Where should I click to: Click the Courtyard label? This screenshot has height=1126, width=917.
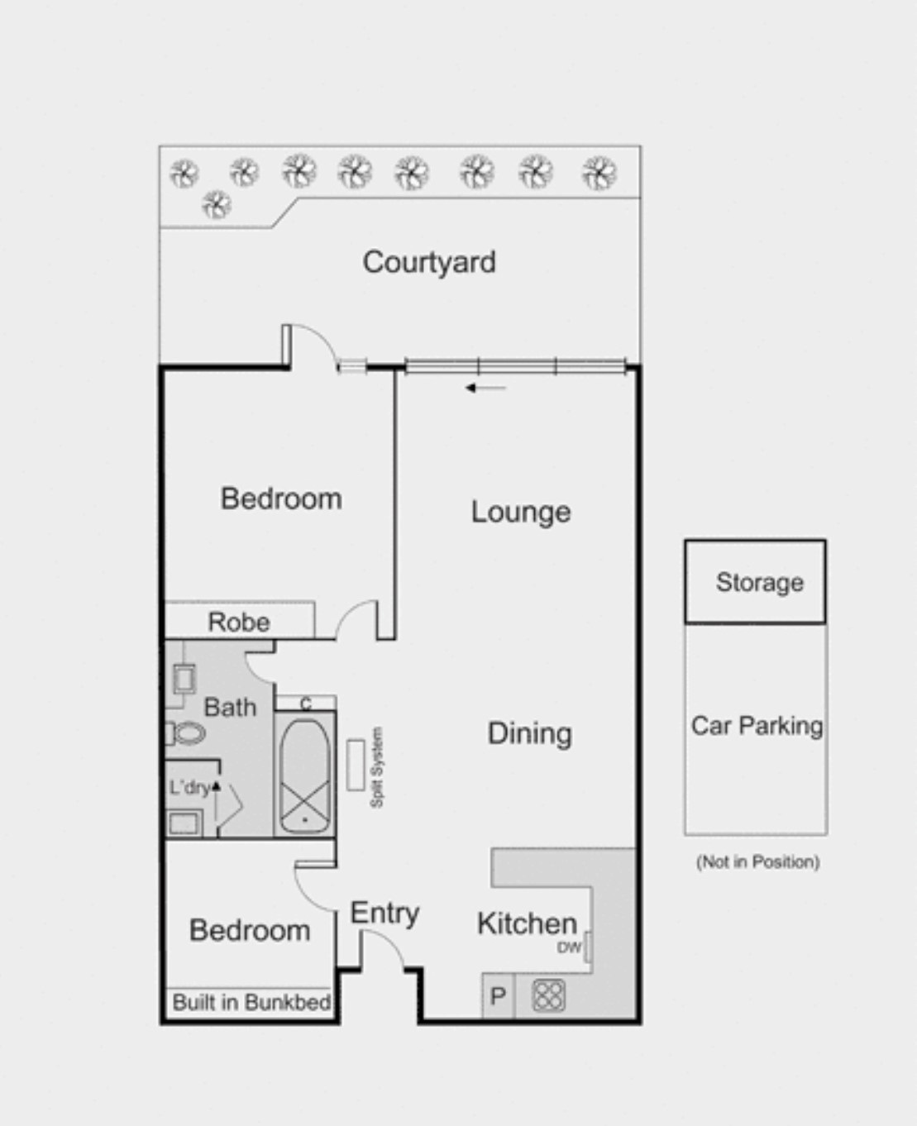[429, 262]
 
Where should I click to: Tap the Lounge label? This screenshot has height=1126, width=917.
[521, 512]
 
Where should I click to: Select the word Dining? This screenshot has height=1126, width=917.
[529, 733]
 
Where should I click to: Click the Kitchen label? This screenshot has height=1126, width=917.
[527, 923]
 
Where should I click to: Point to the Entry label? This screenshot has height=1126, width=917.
[384, 913]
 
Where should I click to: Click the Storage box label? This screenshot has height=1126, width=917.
[759, 582]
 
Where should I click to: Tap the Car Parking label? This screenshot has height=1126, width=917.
[757, 726]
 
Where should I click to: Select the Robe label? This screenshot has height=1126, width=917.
[238, 622]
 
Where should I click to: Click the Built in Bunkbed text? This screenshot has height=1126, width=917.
[251, 1003]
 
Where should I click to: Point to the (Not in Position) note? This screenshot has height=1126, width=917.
[757, 862]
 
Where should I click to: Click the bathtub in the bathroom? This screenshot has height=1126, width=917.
[304, 775]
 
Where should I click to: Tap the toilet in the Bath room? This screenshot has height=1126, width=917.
[187, 732]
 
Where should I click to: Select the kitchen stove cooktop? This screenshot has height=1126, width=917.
[548, 995]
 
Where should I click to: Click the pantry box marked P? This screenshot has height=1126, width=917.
[498, 996]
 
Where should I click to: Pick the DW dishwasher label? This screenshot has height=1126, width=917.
[569, 947]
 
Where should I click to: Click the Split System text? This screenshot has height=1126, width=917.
[377, 767]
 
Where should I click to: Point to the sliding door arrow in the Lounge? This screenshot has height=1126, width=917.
[485, 388]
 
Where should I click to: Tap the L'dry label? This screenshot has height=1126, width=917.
[189, 787]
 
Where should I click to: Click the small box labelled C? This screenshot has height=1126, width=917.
[306, 704]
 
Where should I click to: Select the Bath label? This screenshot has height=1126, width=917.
[230, 708]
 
